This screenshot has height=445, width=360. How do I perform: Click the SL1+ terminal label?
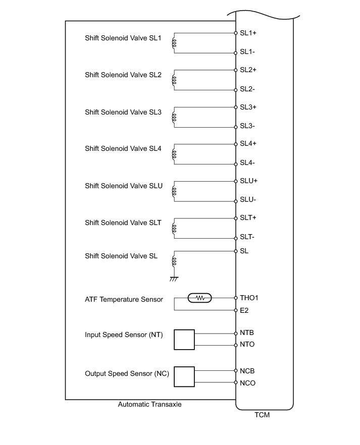coord(248,33)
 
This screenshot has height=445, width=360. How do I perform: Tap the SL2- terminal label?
coord(247,89)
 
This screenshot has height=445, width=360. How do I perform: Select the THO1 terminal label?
coord(249,298)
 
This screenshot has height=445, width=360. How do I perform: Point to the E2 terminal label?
coord(244,310)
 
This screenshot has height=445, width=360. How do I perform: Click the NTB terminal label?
coord(246,333)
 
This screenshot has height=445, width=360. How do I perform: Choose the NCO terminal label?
coord(247,383)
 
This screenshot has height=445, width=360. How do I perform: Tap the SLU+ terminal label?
coord(249,181)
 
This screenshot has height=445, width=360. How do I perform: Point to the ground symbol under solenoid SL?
coord(174,278)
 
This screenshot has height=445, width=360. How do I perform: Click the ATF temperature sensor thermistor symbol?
coord(200,298)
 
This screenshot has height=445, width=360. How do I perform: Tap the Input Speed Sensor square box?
coord(184,340)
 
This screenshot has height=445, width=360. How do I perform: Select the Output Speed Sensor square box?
coord(184,376)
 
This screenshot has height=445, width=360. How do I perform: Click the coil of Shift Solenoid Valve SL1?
coord(174,44)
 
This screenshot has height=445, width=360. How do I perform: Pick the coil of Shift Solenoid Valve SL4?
coord(174,154)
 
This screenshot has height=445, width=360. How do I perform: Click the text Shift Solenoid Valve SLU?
coord(124,186)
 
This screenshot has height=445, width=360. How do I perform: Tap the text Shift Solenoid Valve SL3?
coord(123,112)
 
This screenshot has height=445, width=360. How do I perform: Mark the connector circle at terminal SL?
coord(236,251)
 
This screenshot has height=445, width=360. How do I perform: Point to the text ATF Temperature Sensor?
coord(124,299)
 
